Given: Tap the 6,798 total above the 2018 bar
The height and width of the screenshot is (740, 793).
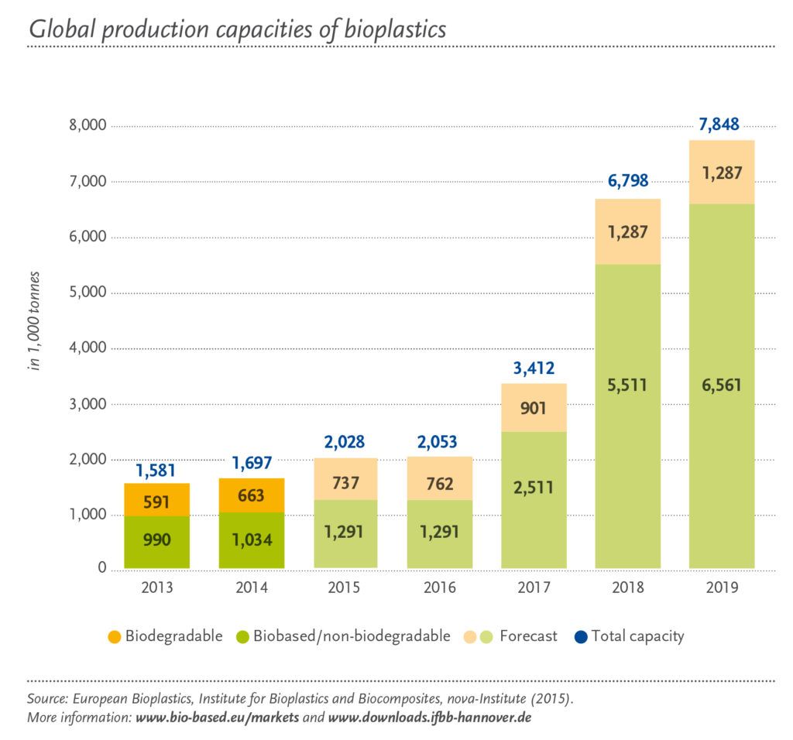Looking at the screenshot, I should point(627,182).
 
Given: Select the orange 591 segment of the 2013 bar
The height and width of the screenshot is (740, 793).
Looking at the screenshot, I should point(157,502).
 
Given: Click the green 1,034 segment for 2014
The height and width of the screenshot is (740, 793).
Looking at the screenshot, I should point(252,540).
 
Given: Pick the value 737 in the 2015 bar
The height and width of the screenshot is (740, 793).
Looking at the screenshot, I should point(345,483).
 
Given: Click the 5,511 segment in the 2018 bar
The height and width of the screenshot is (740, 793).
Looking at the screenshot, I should point(627,385).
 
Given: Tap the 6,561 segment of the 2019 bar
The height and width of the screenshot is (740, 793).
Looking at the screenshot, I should point(721,385).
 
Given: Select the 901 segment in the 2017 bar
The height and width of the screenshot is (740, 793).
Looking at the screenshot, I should point(534,407).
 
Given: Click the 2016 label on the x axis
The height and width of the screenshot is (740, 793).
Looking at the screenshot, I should point(439,588).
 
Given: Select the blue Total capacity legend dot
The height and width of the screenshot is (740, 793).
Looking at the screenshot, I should point(581,637).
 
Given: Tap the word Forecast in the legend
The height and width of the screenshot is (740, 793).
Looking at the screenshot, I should point(528,636).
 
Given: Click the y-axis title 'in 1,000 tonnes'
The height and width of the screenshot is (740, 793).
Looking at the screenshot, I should point(34,321).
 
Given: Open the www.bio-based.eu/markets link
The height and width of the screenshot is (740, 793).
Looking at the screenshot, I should point(218,718).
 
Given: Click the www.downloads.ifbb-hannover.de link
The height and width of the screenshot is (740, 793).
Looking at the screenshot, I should point(429,718).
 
